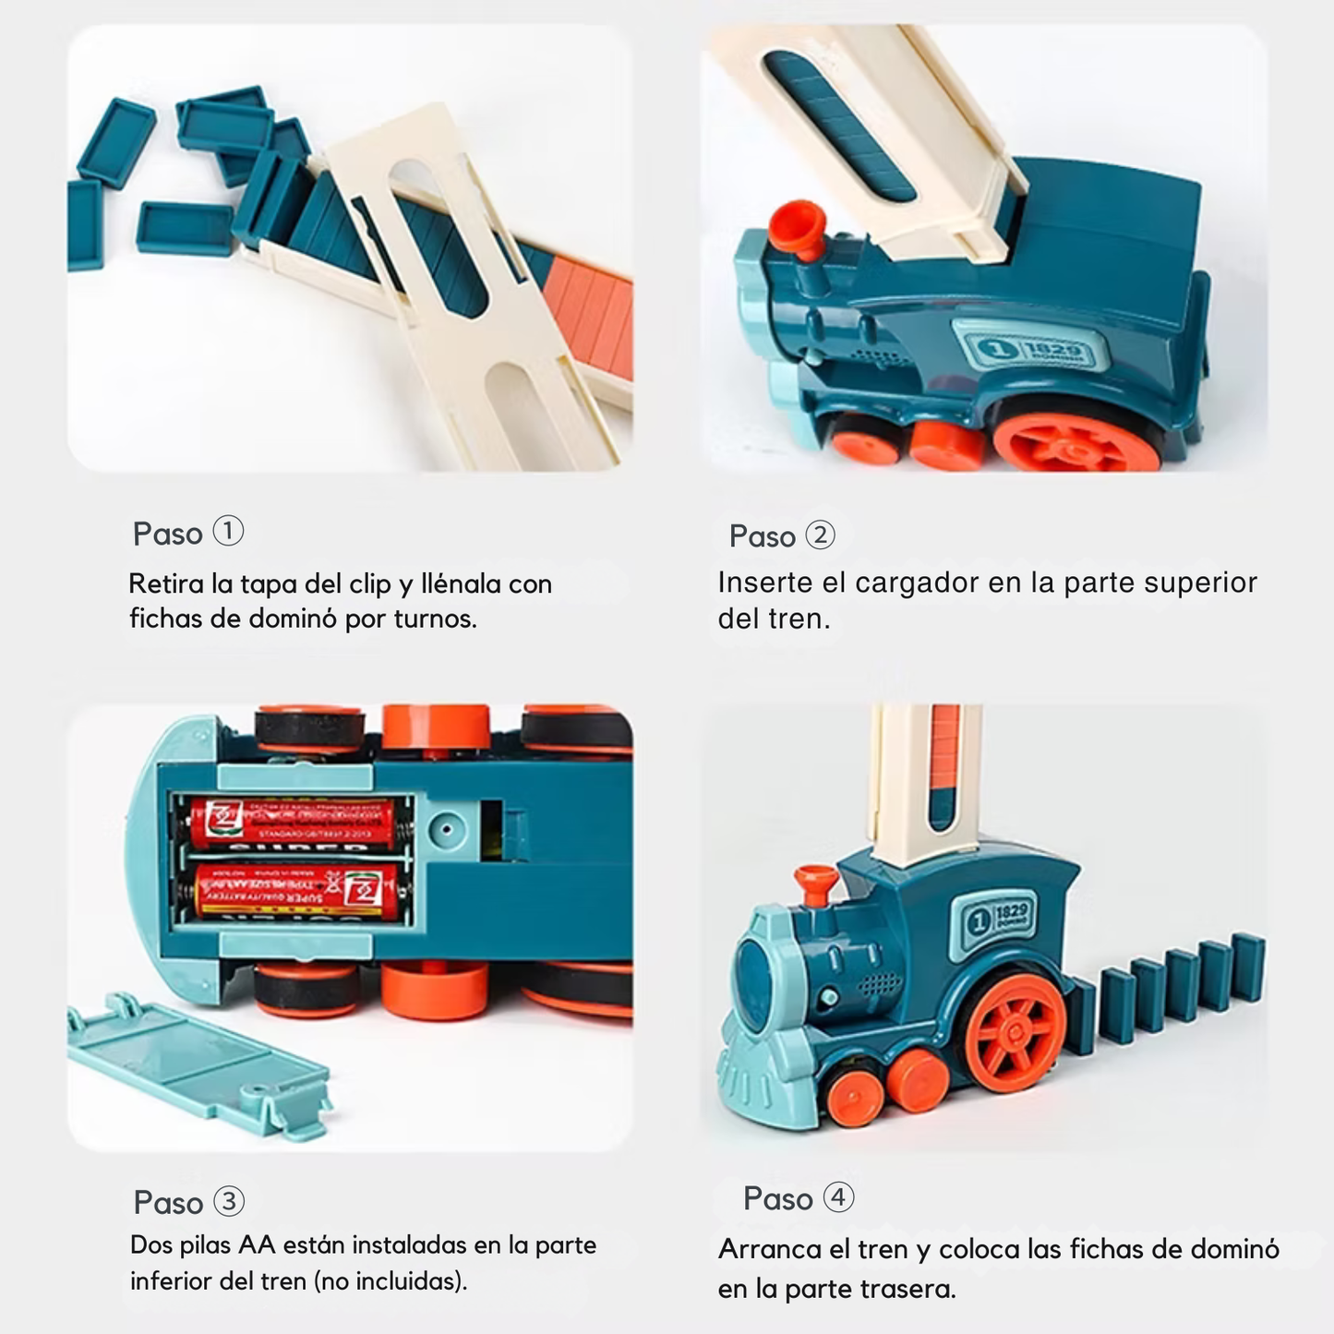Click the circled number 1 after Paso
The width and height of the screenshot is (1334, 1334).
228,532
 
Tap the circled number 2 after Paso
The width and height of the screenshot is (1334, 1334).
820,535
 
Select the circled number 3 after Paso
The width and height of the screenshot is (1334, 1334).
229,1201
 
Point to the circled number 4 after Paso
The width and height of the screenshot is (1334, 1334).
838,1197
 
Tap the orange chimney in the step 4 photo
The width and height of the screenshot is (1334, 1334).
816,884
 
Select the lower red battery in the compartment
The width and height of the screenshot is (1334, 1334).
297,891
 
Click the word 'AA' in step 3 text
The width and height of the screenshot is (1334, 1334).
257,1245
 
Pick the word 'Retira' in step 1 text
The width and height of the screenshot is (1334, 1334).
166,584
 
